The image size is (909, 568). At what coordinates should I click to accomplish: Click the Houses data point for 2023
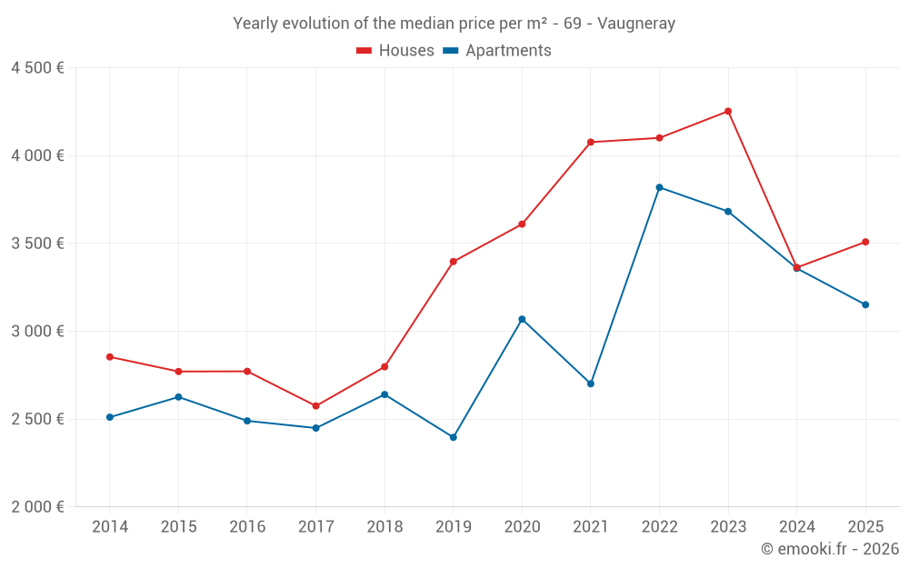coord(728,111)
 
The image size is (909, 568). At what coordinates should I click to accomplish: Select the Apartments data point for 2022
coord(659,187)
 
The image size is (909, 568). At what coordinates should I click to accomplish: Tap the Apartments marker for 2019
coord(454,437)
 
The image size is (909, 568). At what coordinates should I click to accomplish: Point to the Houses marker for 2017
coord(315,406)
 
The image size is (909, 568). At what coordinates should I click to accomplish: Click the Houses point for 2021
coord(591,142)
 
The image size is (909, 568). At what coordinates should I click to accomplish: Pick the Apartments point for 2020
coord(522,319)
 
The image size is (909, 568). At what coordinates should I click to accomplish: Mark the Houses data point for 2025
coord(865,242)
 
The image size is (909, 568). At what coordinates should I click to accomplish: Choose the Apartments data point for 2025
coord(865,304)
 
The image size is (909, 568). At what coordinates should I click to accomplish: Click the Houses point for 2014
coord(110,357)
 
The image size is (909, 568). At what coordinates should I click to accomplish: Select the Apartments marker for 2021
coord(591,384)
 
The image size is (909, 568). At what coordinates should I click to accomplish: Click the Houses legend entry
coord(395,51)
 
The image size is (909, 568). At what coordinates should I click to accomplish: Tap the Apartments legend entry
coord(497,51)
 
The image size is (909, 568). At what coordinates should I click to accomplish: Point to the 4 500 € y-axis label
coord(37,68)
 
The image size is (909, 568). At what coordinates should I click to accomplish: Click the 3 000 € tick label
coord(37,331)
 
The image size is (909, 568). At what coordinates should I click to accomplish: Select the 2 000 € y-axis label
coord(37,507)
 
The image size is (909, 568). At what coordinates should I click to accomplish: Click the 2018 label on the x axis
coord(385,527)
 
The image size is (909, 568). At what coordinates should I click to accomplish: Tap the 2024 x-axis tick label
coord(797,527)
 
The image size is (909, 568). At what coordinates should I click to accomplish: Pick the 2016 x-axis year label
coord(247,527)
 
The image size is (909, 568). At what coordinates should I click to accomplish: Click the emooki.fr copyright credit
coord(830,549)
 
